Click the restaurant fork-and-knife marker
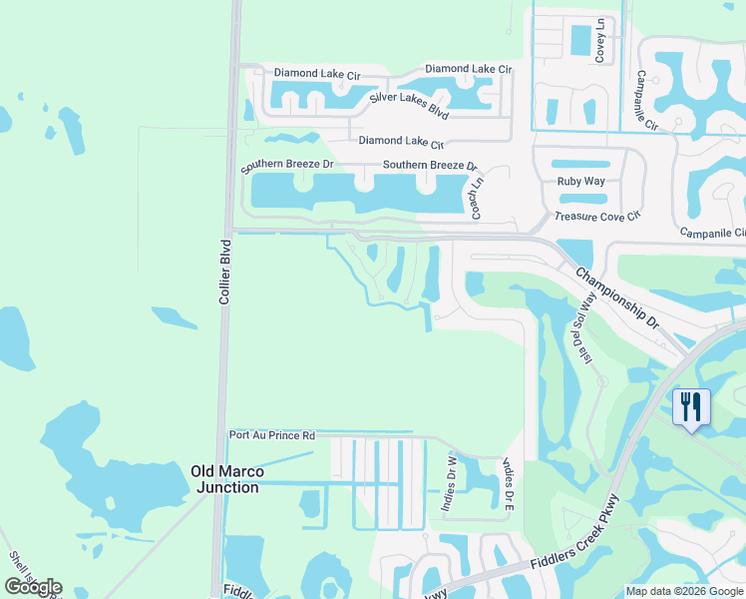(x=691, y=407)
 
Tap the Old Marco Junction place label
(x=225, y=478)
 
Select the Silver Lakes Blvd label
(x=411, y=98)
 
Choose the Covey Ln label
(x=600, y=41)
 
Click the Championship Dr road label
(x=618, y=298)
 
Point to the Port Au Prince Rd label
(x=272, y=435)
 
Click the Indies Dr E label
(x=508, y=483)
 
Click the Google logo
(x=34, y=587)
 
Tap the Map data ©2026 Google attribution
(x=683, y=591)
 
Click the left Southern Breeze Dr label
(x=287, y=164)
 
